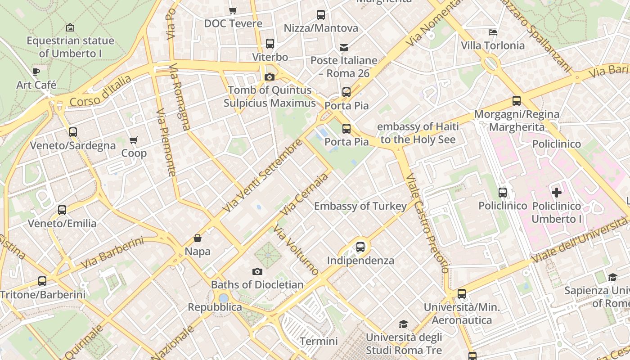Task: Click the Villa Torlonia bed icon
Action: [x=493, y=32]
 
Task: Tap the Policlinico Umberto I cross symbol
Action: [x=557, y=193]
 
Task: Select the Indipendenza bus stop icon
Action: [x=360, y=247]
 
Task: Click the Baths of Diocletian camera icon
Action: [x=257, y=271]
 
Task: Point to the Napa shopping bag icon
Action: [x=198, y=238]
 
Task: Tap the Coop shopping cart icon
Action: [x=133, y=140]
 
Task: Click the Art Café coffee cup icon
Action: [x=36, y=72]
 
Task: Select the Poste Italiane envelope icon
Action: [x=344, y=47]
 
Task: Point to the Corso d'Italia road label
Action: [x=101, y=92]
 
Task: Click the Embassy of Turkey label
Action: [x=360, y=206]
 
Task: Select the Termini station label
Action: [x=319, y=341]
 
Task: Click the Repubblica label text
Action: [x=215, y=307]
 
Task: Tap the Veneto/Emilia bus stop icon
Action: [x=62, y=210]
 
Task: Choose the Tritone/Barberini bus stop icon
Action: [x=42, y=281]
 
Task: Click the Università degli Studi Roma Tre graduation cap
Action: [x=404, y=324]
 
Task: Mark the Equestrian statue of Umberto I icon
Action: [x=70, y=27]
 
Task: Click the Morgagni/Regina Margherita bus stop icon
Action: [x=517, y=101]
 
